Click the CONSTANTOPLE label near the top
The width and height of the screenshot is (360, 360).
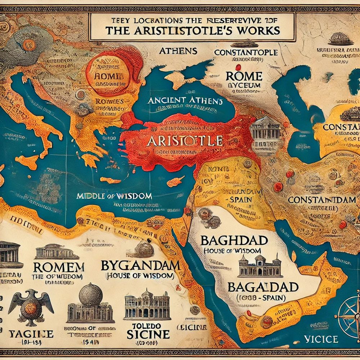click(246, 53)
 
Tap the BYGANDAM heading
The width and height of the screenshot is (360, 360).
click(140, 266)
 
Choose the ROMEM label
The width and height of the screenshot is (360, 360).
click(58, 267)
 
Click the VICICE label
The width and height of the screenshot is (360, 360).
click(320, 339)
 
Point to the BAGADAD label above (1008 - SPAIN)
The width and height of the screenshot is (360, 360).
click(264, 287)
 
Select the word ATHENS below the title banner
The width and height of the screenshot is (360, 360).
click(174, 51)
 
